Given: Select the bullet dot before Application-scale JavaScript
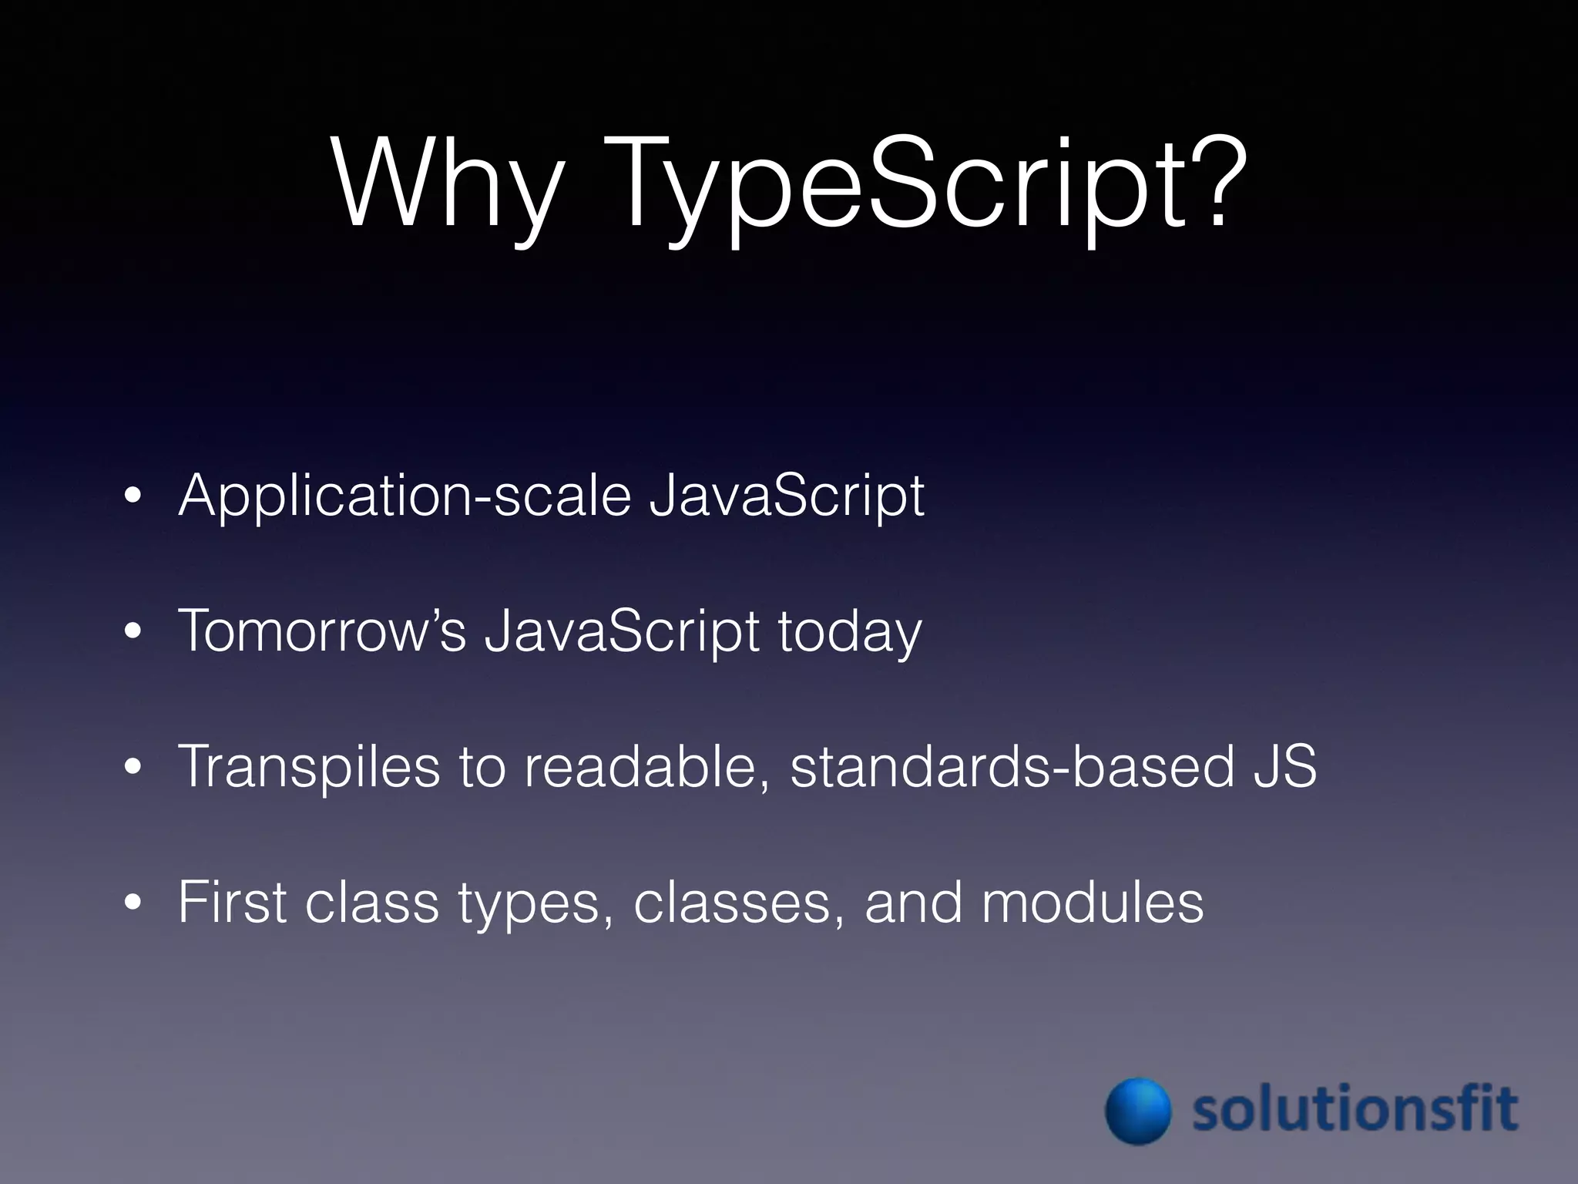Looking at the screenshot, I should (133, 497).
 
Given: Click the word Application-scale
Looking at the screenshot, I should (405, 497).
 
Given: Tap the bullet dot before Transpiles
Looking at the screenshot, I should (133, 768).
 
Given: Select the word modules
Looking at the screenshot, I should (1092, 902).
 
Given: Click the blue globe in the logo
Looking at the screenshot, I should (1138, 1111).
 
